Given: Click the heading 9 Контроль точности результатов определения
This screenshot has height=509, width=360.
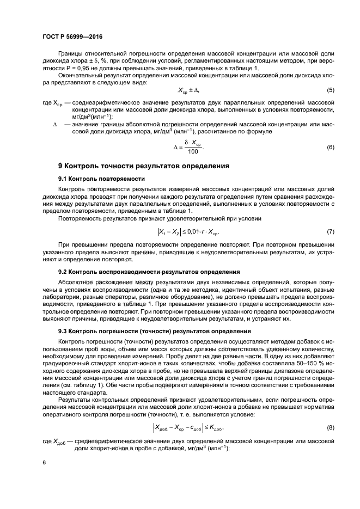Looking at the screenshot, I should (136, 166).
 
